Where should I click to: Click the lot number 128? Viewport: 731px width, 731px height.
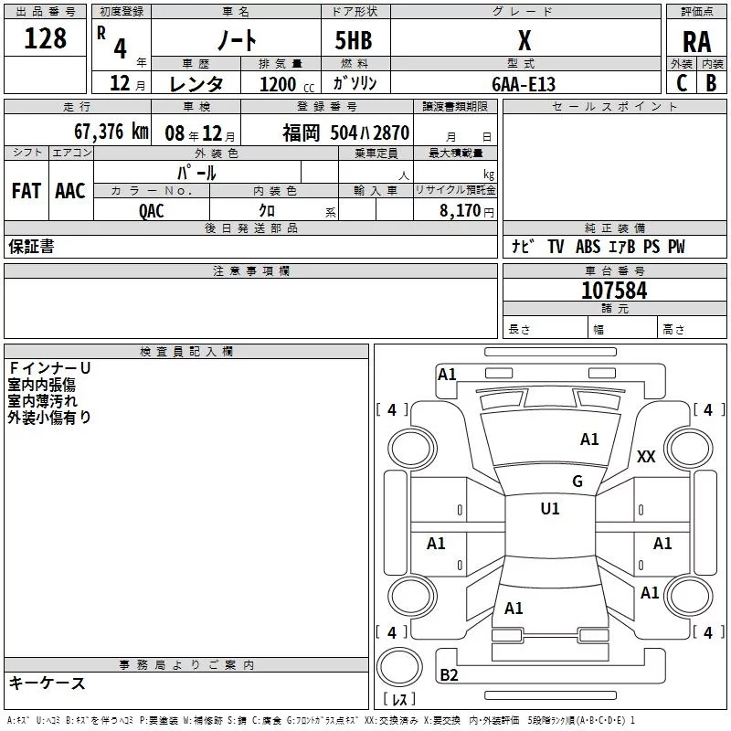(46, 38)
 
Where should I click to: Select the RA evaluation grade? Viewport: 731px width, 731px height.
(696, 41)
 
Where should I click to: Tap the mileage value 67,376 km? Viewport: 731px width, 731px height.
(111, 132)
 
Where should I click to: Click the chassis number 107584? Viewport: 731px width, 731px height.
(614, 291)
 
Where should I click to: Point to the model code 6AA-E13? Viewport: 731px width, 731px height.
(524, 84)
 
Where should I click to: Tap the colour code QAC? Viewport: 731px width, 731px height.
(152, 210)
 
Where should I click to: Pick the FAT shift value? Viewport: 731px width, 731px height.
(26, 190)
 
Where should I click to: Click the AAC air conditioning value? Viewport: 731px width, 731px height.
(69, 190)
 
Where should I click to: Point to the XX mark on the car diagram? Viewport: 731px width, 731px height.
(646, 457)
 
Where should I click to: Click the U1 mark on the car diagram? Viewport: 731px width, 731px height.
(550, 509)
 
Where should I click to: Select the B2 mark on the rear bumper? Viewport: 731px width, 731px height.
(450, 675)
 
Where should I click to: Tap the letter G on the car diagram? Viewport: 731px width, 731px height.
(577, 482)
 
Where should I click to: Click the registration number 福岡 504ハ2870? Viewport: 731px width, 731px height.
(345, 132)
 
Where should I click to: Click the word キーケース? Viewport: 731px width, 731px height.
(48, 683)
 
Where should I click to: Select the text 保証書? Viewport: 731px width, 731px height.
(31, 247)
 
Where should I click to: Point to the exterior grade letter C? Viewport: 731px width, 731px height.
(682, 83)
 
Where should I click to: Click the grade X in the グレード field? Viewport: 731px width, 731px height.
(524, 40)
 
